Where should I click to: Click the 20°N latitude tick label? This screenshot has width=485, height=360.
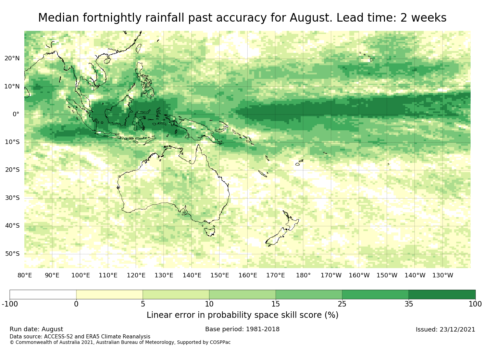(x=12, y=58)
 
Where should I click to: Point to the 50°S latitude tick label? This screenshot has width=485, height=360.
(x=12, y=254)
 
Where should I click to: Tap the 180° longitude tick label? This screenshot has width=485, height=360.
(x=303, y=275)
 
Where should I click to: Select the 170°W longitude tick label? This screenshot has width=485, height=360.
(x=331, y=275)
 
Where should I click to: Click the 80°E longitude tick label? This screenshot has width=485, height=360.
(x=25, y=275)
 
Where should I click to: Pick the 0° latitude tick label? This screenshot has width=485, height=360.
(x=16, y=114)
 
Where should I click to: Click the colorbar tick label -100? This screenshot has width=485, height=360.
(x=10, y=304)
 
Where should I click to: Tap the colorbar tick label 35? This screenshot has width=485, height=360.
(x=409, y=304)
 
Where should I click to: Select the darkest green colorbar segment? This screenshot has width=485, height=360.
(x=442, y=294)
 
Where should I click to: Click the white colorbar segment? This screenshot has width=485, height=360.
(x=43, y=294)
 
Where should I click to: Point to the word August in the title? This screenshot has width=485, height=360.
(x=311, y=18)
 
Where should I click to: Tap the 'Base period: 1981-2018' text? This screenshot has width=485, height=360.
(x=242, y=329)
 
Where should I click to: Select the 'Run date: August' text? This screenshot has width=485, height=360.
(x=36, y=329)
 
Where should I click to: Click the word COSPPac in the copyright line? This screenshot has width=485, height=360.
(x=220, y=342)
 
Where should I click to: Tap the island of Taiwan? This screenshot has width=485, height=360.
(x=139, y=48)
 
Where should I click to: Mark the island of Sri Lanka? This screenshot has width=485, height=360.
(x=27, y=93)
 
